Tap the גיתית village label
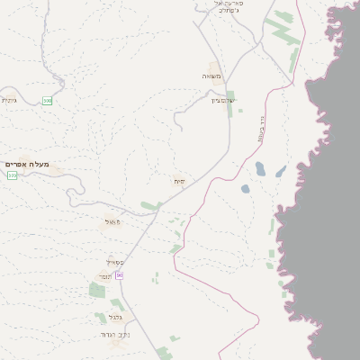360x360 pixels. click(9, 100)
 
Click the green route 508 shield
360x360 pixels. click(47, 101)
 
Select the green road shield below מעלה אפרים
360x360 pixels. click(12, 175)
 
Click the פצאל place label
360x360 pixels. click(112, 221)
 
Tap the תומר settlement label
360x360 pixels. click(105, 276)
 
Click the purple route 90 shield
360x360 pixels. click(119, 274)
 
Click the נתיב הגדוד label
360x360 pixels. click(114, 335)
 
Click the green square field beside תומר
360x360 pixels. click(97, 290)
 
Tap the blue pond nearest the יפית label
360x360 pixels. click(245, 189)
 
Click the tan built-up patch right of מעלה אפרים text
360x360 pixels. click(56, 168)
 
